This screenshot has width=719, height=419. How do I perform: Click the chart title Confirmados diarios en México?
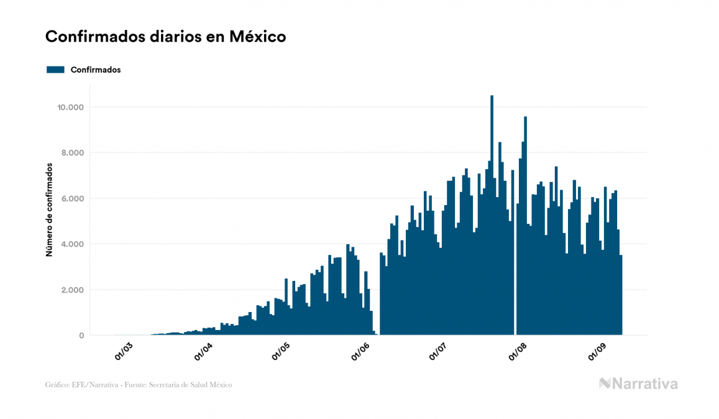[x=165, y=37]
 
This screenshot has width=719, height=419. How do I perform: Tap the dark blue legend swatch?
[x=55, y=70]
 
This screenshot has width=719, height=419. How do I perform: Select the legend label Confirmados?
[x=96, y=70]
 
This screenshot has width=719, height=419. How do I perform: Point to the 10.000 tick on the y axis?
[x=70, y=108]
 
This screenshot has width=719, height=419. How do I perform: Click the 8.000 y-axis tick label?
[x=72, y=153]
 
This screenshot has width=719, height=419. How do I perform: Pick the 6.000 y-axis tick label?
[x=72, y=199]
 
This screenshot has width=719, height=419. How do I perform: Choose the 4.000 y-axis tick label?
[x=72, y=244]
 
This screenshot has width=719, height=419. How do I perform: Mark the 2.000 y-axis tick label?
[x=72, y=290]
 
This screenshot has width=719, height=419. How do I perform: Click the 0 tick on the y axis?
[x=81, y=336]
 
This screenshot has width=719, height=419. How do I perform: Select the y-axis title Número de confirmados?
[x=48, y=210]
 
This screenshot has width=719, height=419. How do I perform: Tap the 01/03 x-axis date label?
[x=124, y=352]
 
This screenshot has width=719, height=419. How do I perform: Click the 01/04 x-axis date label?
[x=203, y=352]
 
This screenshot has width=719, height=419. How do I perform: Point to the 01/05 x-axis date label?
[x=281, y=352]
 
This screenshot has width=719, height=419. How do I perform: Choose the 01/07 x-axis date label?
[x=438, y=352]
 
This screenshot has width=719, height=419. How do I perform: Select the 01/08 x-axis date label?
[x=518, y=352]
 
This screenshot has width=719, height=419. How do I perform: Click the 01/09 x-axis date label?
[x=597, y=352]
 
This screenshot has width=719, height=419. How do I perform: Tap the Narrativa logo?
[x=638, y=384]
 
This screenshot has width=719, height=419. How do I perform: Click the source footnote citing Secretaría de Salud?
[x=139, y=385]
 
